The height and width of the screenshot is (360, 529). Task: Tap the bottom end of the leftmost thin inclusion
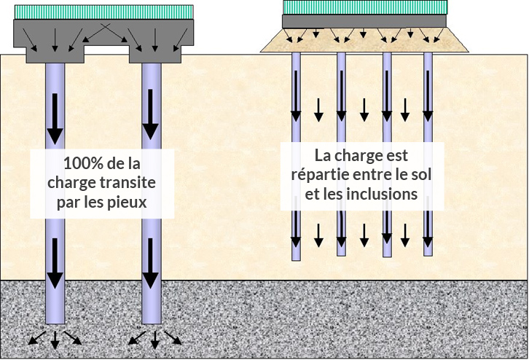(x=296, y=258)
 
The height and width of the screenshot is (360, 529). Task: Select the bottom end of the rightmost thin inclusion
(x=428, y=253)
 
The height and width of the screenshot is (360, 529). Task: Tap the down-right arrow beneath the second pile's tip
(x=173, y=337)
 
